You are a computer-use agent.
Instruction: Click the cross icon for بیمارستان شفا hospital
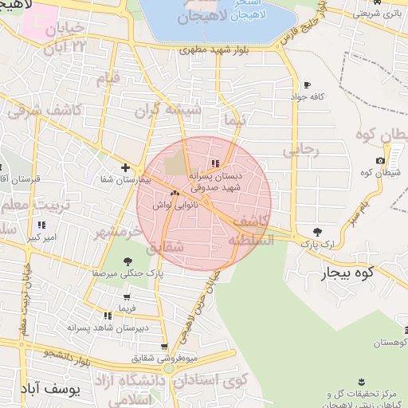pyautogui.click(x=125, y=167)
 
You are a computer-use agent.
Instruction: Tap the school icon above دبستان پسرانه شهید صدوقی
pyautogui.click(x=216, y=164)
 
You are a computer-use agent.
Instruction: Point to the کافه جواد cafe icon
pyautogui.click(x=307, y=85)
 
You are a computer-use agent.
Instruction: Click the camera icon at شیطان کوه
pyautogui.click(x=380, y=161)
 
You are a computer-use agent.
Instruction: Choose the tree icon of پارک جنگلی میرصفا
pyautogui.click(x=129, y=261)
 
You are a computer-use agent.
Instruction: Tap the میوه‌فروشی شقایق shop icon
pyautogui.click(x=164, y=347)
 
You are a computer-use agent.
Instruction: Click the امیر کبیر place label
pyautogui.click(x=40, y=237)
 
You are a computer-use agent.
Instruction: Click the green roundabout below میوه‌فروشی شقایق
pyautogui.click(x=168, y=368)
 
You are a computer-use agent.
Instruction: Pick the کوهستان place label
pyautogui.click(x=391, y=342)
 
